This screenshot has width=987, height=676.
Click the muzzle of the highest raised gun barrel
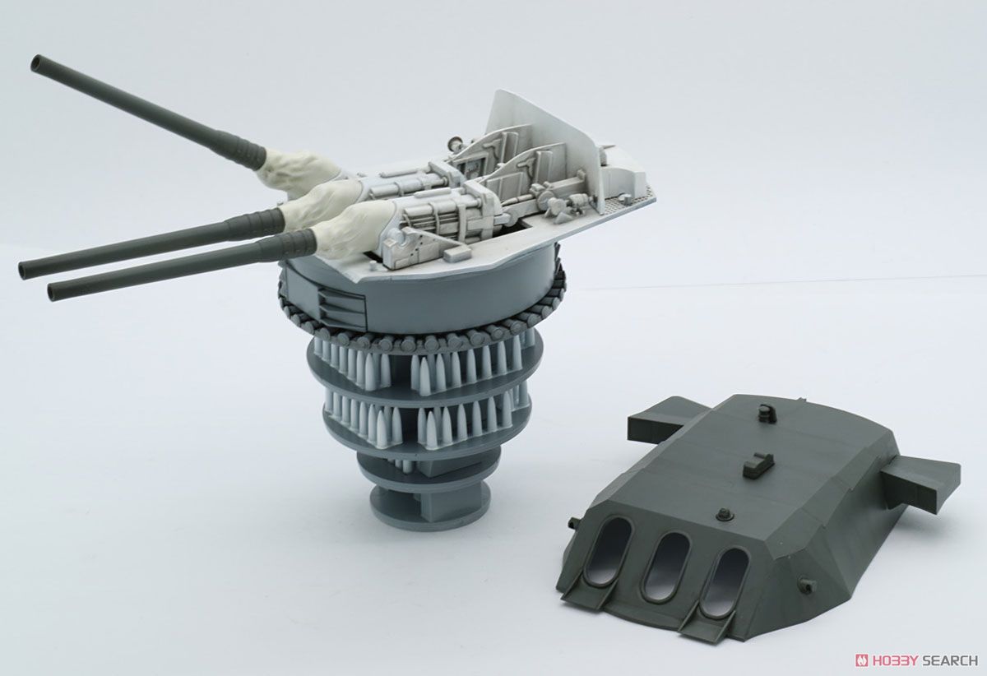pyautogui.click(x=36, y=63)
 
